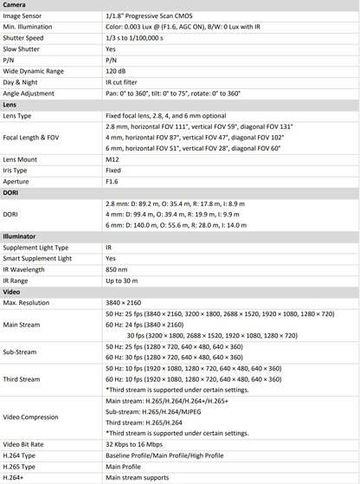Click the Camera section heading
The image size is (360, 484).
click(15, 5)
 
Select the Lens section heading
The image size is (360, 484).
click(10, 104)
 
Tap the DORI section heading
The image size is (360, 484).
click(11, 192)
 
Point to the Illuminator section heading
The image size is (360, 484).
click(19, 236)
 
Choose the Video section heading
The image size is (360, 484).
click(11, 291)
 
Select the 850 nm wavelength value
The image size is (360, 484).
click(118, 269)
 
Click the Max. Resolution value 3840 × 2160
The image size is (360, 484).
click(126, 302)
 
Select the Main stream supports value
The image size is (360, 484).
click(137, 478)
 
